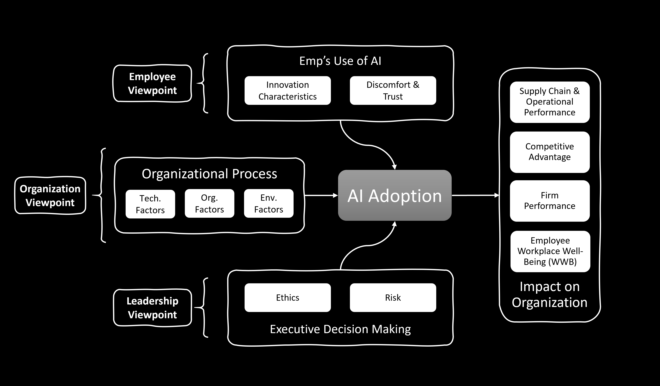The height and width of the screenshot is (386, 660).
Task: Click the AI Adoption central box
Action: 395,195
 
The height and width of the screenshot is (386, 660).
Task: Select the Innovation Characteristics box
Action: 288,90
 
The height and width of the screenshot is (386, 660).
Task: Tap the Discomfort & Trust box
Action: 393,90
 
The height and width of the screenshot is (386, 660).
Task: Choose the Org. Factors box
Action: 210,203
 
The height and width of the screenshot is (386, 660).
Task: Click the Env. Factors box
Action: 269,203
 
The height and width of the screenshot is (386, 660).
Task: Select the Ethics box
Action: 288,298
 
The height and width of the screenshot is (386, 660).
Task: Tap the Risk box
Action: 393,298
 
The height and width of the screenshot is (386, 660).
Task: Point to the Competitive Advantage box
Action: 550,152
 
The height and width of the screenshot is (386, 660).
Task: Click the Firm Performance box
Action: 550,201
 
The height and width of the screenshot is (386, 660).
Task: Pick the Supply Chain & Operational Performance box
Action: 550,102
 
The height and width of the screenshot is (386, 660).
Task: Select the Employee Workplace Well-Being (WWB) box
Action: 550,251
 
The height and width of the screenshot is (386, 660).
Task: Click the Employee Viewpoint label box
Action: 152,84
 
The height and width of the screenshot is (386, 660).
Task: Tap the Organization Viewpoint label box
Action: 50,196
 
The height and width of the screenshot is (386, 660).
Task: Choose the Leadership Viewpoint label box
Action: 152,308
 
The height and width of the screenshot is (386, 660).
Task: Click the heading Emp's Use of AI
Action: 340,61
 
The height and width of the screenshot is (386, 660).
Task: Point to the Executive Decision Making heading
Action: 340,329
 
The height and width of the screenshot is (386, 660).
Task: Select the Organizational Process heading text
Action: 209,174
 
